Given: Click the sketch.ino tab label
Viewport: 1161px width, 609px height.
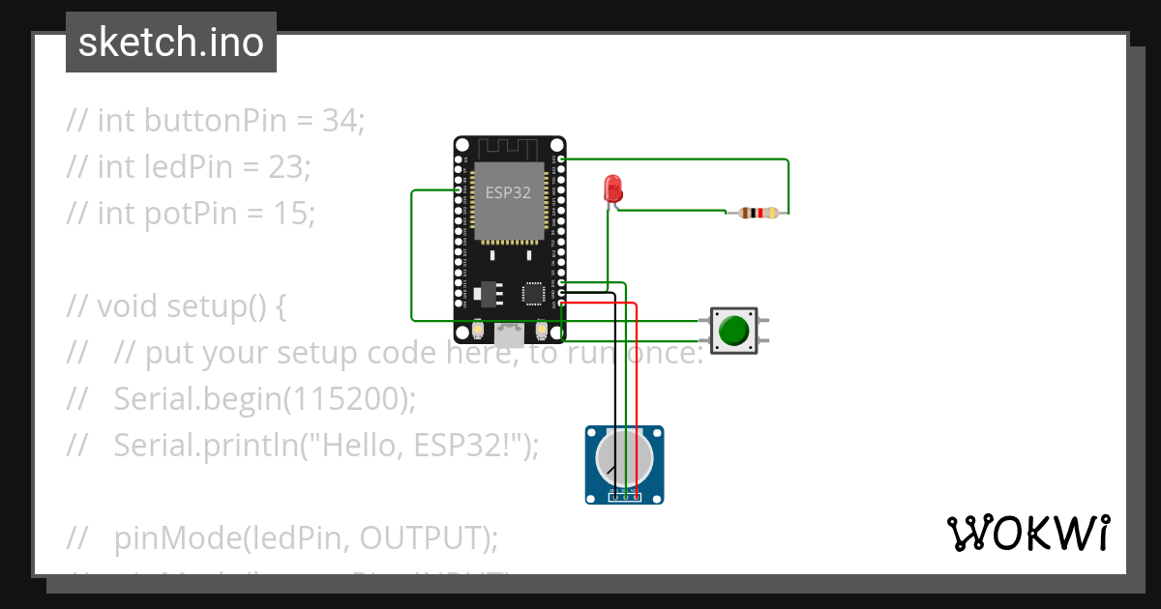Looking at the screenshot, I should click(x=170, y=43).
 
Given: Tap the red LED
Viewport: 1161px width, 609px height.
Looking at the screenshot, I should click(x=612, y=188).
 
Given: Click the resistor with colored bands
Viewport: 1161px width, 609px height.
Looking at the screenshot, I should click(x=758, y=214).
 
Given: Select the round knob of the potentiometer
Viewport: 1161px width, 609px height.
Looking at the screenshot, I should click(x=624, y=457).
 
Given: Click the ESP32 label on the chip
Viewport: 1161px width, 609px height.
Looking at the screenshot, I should click(x=508, y=192).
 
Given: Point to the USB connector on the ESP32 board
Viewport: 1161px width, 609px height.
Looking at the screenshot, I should click(x=509, y=334).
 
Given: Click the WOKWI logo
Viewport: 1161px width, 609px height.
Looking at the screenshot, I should click(x=1027, y=533).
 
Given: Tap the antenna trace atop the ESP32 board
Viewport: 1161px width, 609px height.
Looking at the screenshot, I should click(x=509, y=148).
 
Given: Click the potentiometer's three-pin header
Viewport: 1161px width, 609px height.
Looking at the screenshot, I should click(x=625, y=496).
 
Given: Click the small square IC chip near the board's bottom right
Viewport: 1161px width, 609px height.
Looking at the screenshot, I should click(x=533, y=293).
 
